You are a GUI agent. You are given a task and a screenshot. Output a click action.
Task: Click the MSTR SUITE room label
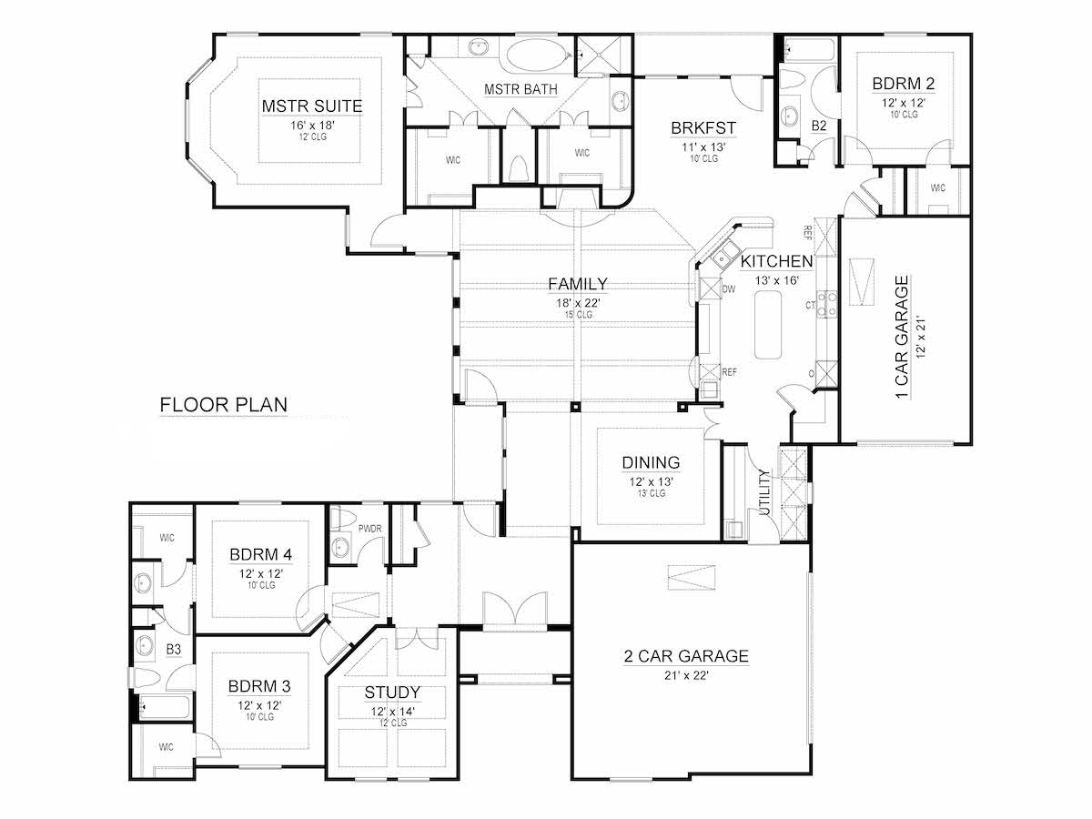[312, 106]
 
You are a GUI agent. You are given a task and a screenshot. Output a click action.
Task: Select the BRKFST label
[703, 127]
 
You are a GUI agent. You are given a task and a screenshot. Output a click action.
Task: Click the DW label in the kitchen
[728, 288]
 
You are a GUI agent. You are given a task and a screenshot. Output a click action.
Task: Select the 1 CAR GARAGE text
[902, 338]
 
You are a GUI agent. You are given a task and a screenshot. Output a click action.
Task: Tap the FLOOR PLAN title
[224, 404]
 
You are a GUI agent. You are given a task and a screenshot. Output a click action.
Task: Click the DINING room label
[651, 462]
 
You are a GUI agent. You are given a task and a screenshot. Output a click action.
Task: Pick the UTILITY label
[763, 492]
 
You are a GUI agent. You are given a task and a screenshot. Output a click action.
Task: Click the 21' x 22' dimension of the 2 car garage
[687, 674]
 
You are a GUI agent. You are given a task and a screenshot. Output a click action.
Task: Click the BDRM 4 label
[260, 554]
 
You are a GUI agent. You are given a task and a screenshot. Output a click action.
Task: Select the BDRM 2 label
[903, 84]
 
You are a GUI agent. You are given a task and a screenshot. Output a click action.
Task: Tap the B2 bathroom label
[819, 126]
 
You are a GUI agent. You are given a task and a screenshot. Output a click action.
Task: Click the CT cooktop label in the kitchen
[809, 307]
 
